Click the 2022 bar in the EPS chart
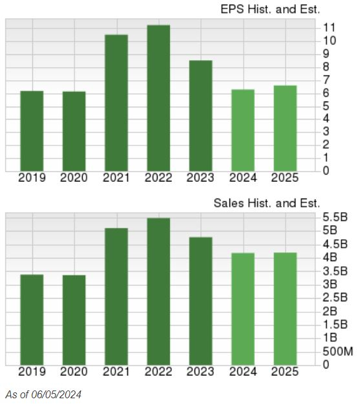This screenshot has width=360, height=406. pyautogui.click(x=158, y=98)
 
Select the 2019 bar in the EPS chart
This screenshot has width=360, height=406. pyautogui.click(x=32, y=131)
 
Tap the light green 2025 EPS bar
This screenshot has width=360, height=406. pyautogui.click(x=285, y=129)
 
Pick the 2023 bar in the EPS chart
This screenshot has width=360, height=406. pyautogui.click(x=200, y=116)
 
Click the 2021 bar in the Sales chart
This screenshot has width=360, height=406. pyautogui.click(x=116, y=297)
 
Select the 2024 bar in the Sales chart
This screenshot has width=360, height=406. pyautogui.click(x=243, y=309)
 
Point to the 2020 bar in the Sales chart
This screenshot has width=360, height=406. pyautogui.click(x=74, y=320)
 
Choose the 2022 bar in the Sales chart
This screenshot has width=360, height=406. pyautogui.click(x=158, y=292)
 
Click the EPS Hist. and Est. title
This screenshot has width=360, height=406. pyautogui.click(x=271, y=9)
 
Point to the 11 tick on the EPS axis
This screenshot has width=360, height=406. pyautogui.click(x=329, y=28)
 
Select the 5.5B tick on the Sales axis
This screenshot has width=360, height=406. pyautogui.click(x=335, y=217)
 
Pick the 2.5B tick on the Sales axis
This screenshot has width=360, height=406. pyautogui.click(x=335, y=297)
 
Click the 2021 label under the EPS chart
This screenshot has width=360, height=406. pyautogui.click(x=116, y=178)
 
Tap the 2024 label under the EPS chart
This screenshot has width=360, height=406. pyautogui.click(x=243, y=178)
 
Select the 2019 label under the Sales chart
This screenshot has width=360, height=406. pyautogui.click(x=32, y=372)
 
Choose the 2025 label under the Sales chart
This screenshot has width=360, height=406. pyautogui.click(x=285, y=372)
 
